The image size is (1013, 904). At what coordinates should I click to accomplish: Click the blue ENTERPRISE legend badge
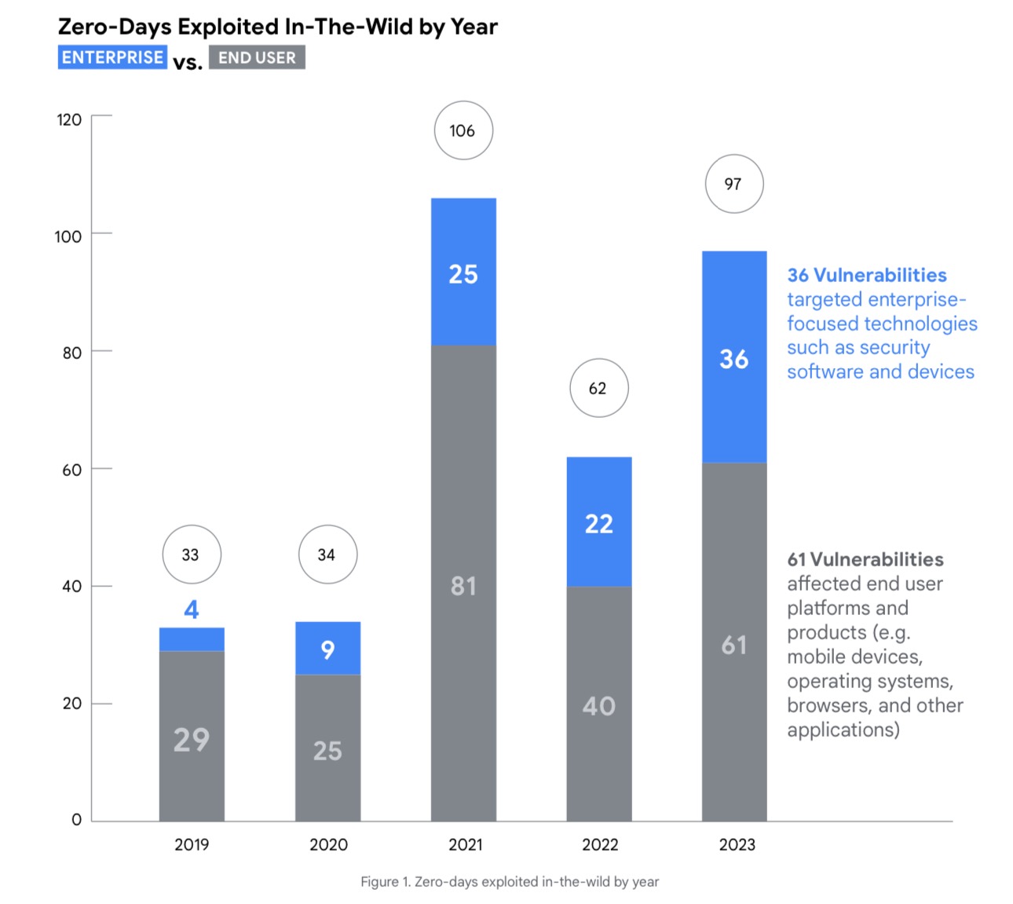(x=112, y=57)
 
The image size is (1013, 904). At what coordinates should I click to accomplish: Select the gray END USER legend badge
(x=257, y=57)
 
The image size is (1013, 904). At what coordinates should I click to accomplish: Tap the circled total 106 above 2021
(x=463, y=130)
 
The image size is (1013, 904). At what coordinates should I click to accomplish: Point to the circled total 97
(x=734, y=184)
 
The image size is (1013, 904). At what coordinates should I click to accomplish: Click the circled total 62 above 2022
(x=598, y=388)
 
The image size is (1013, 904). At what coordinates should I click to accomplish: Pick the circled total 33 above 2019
(x=192, y=554)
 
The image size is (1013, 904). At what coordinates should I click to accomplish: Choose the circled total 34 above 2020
(x=327, y=554)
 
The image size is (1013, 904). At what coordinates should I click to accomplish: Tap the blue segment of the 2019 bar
(x=192, y=639)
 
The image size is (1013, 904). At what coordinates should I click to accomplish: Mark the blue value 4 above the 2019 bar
(x=192, y=609)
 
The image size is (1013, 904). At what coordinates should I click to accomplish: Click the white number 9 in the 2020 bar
(x=327, y=650)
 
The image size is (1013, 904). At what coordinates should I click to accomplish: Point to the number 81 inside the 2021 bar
(x=463, y=586)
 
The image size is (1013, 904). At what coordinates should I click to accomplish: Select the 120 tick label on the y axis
(x=69, y=119)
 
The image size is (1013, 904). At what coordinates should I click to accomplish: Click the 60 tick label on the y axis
(x=71, y=470)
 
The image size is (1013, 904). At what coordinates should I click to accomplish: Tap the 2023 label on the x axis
(x=737, y=844)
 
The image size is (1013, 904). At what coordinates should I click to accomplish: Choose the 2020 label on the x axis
(x=328, y=844)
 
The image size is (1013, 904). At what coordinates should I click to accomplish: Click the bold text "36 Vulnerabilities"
(x=867, y=275)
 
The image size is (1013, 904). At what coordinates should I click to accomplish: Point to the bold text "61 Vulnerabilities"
(x=865, y=559)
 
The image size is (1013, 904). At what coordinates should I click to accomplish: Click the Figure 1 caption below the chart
(x=510, y=881)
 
